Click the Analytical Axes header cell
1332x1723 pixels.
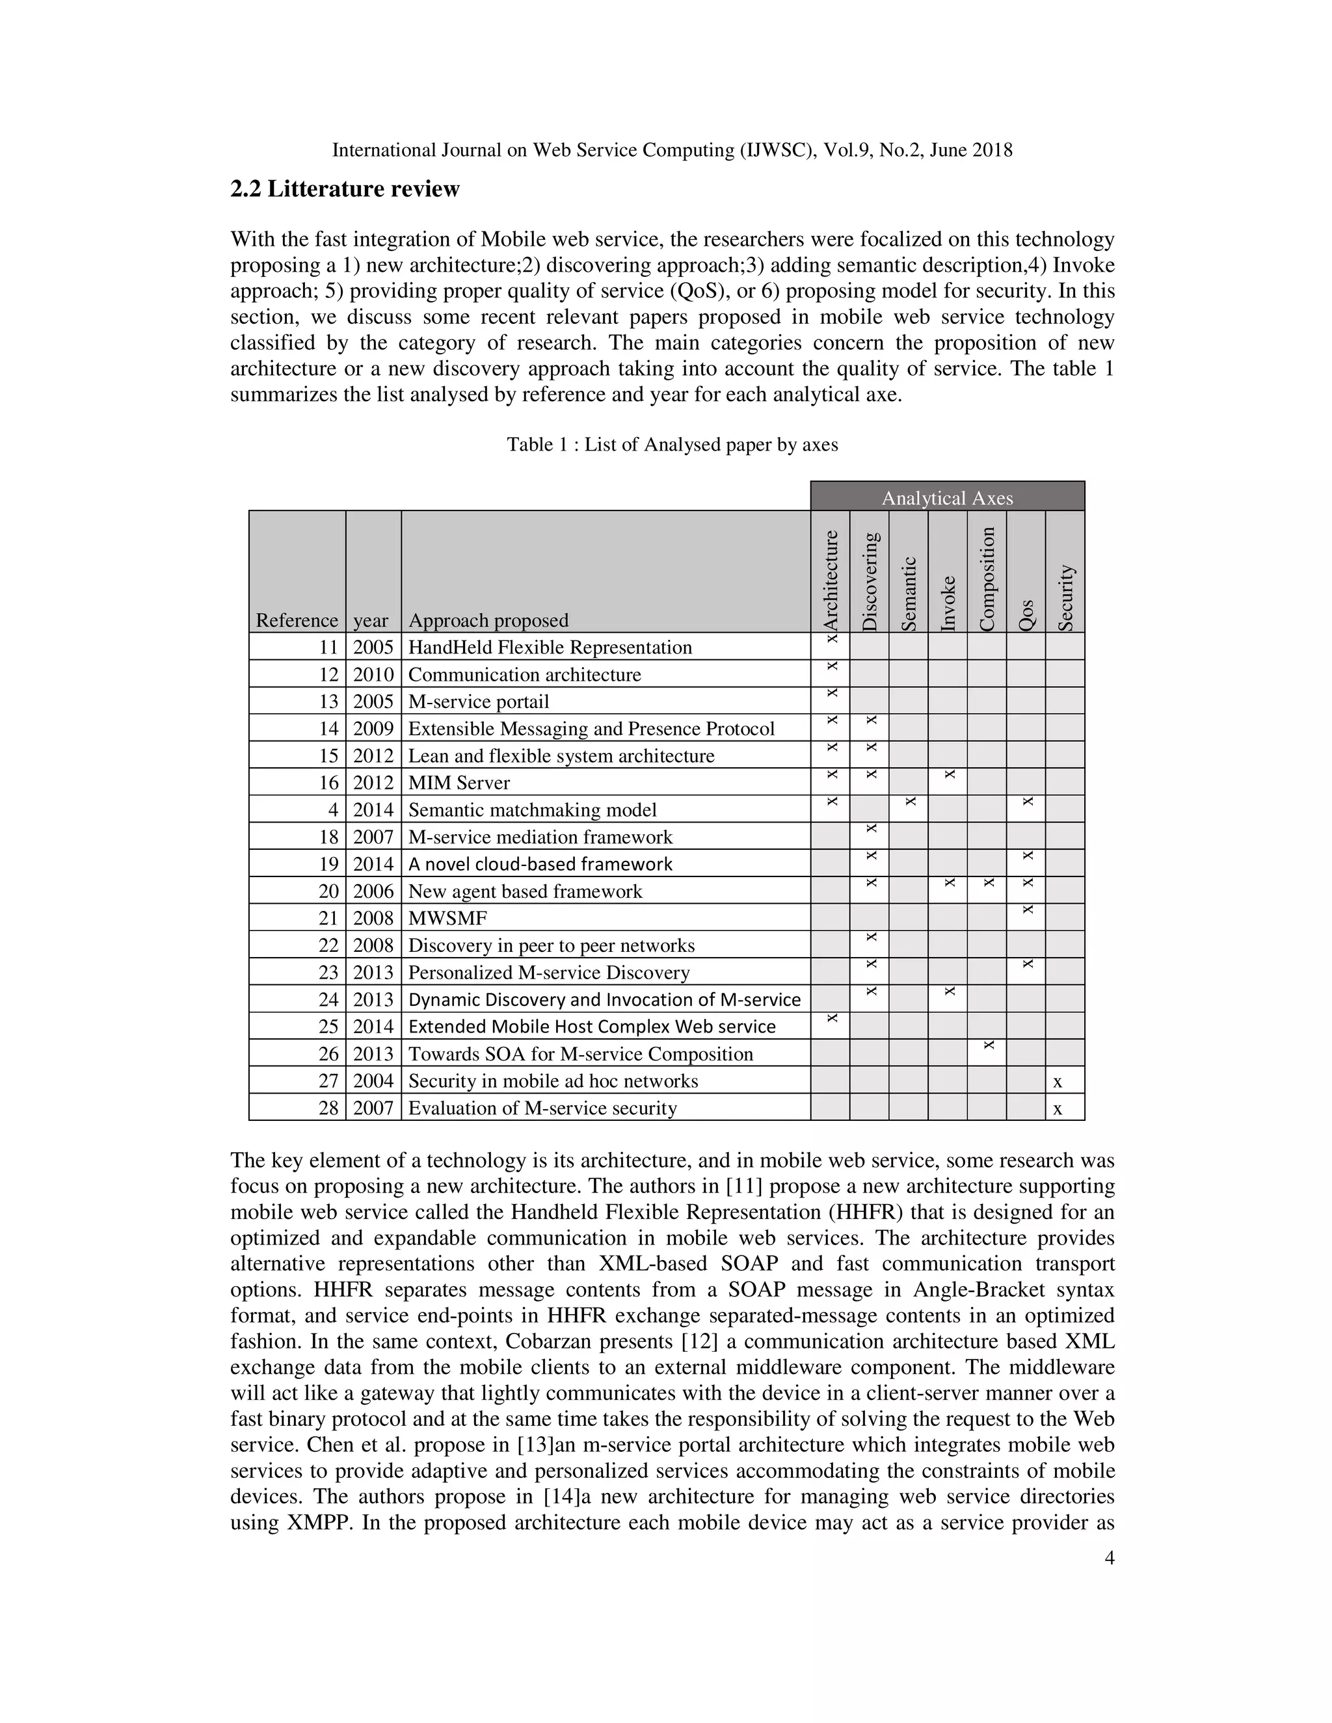click(x=947, y=498)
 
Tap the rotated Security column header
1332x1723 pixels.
click(x=1065, y=598)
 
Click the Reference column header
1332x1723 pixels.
click(x=297, y=620)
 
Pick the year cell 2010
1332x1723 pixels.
click(x=373, y=674)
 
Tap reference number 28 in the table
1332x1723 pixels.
click(x=328, y=1108)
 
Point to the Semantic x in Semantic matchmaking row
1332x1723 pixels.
click(x=910, y=802)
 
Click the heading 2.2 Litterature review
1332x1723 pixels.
click(x=345, y=189)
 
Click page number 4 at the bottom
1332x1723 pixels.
click(x=1109, y=1558)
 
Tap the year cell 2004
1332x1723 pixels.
click(x=373, y=1081)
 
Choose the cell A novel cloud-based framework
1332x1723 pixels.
click(x=540, y=864)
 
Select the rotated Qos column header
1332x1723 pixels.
click(x=1026, y=614)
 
